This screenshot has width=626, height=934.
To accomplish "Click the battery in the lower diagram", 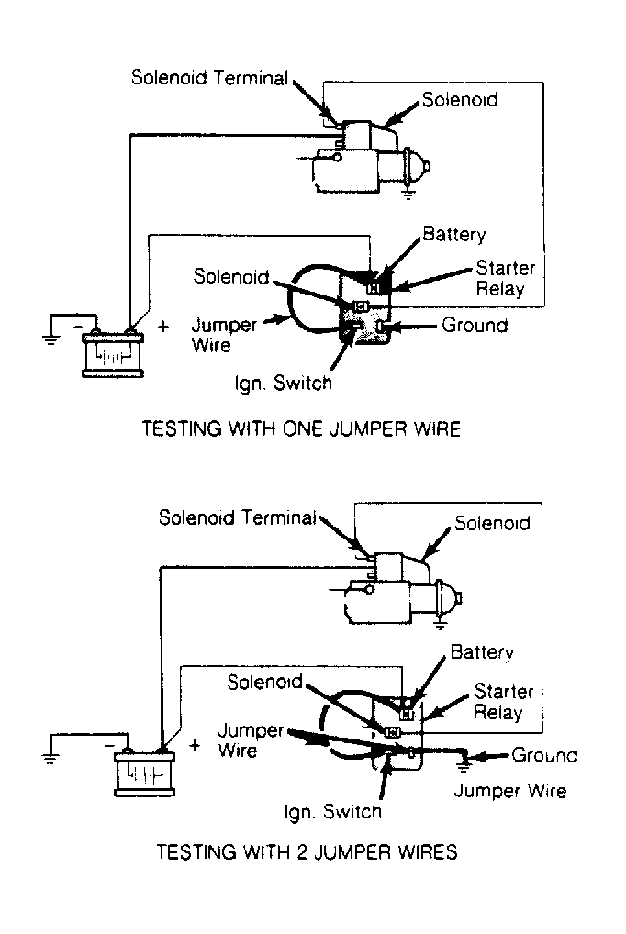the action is pyautogui.click(x=145, y=771).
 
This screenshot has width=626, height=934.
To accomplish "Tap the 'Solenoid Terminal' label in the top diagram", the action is pyautogui.click(x=209, y=77).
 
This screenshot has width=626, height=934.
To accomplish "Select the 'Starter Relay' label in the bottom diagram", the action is pyautogui.click(x=503, y=702).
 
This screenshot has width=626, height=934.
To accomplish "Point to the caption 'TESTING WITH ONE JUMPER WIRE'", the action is pyautogui.click(x=301, y=428).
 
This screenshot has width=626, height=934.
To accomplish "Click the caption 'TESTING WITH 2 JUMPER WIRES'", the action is pyautogui.click(x=307, y=851).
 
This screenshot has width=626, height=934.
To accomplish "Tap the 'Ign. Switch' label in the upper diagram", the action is pyautogui.click(x=284, y=383).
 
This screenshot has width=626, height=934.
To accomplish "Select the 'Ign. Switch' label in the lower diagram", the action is pyautogui.click(x=332, y=812).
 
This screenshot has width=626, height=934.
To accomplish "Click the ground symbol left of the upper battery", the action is pyautogui.click(x=50, y=340).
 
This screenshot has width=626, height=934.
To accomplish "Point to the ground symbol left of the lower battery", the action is pyautogui.click(x=50, y=758).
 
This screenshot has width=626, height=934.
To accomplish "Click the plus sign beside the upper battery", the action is pyautogui.click(x=162, y=327).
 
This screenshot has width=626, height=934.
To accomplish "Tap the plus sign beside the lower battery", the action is pyautogui.click(x=195, y=745).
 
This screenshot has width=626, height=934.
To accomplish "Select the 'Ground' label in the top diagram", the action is pyautogui.click(x=475, y=325).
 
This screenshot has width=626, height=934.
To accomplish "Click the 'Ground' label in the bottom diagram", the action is pyautogui.click(x=544, y=755).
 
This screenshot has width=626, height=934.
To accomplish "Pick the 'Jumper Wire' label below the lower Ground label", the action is pyautogui.click(x=509, y=791).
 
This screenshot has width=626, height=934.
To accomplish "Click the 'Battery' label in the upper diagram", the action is pyautogui.click(x=453, y=234).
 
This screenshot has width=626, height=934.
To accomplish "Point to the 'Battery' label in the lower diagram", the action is pyautogui.click(x=482, y=651).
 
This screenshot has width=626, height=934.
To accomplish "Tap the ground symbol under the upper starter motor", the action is pyautogui.click(x=408, y=194).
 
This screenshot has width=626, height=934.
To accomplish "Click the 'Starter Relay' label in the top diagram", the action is pyautogui.click(x=505, y=278).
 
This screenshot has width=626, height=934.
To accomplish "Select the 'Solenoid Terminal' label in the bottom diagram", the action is pyautogui.click(x=238, y=517).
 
